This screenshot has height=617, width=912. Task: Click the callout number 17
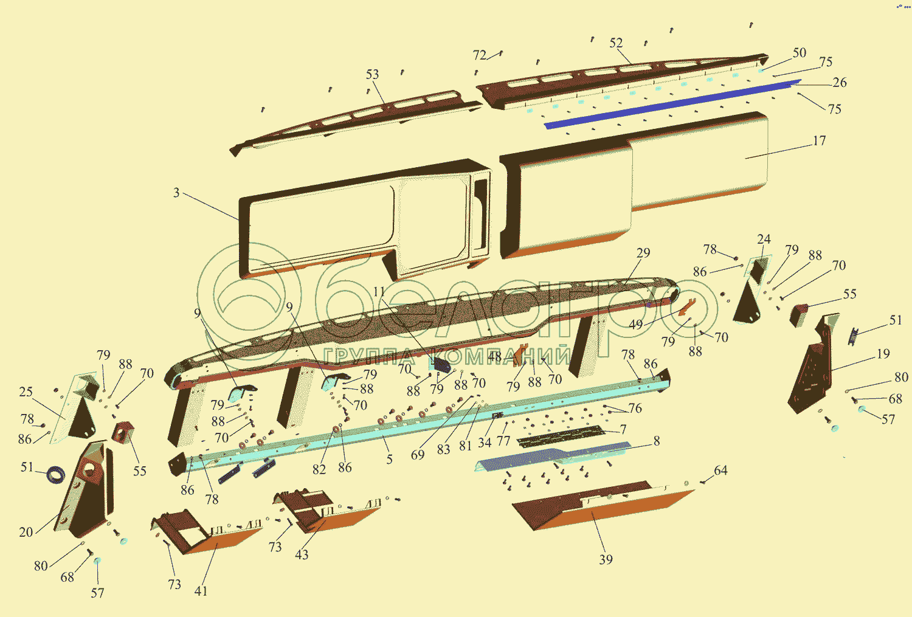click(x=819, y=141)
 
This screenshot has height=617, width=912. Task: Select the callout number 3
click(x=176, y=193)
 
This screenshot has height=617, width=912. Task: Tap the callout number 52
click(x=616, y=43)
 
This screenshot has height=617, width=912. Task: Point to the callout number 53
click(x=372, y=74)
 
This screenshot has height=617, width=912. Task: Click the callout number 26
click(x=839, y=83)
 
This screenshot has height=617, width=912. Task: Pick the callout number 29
click(x=643, y=253)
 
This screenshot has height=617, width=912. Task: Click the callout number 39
click(x=606, y=560)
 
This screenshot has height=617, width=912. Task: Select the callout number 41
click(x=201, y=591)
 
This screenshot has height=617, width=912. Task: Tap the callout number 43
click(x=302, y=554)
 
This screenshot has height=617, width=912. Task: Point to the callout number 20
click(x=26, y=533)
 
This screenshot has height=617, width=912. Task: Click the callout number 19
click(x=883, y=354)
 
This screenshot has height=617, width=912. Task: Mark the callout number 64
click(x=720, y=471)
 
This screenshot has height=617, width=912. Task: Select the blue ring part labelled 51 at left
click(x=56, y=474)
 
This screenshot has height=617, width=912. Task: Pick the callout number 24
click(x=764, y=240)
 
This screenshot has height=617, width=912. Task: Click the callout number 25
click(x=26, y=392)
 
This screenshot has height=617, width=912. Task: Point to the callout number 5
click(x=389, y=459)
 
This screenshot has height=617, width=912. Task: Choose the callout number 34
click(x=484, y=443)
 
